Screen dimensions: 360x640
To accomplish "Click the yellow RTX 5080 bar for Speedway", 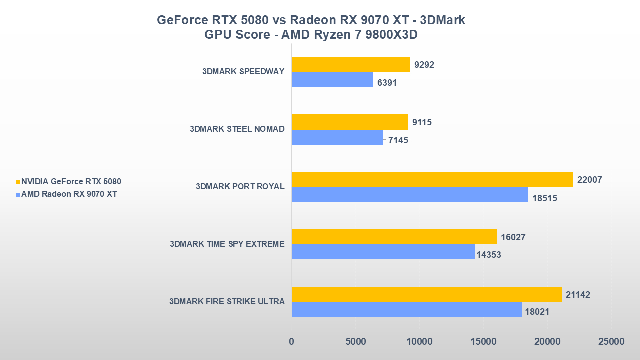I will click(351, 65).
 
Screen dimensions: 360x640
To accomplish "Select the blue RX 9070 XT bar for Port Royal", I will click(410, 195).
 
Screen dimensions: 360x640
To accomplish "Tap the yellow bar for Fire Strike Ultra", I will click(426, 294).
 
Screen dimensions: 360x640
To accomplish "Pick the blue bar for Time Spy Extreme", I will click(383, 252).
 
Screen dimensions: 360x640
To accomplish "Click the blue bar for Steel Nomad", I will click(337, 137).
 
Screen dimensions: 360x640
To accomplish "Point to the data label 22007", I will click(589, 180).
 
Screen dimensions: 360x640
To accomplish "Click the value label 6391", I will click(387, 83).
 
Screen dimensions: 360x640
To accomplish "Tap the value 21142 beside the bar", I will click(578, 295).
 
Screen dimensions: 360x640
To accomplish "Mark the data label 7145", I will click(398, 140).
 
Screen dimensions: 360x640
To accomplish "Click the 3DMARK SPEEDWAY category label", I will click(243, 71).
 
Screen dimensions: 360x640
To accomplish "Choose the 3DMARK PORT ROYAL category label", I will click(240, 186).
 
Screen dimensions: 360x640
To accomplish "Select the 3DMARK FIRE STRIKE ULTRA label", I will click(227, 301).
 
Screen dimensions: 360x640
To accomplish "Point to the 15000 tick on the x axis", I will click(483, 342).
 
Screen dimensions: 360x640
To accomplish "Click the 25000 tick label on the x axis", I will click(611, 342).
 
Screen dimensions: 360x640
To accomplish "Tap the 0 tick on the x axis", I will click(291, 342).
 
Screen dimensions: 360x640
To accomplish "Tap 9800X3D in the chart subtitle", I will click(392, 35).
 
